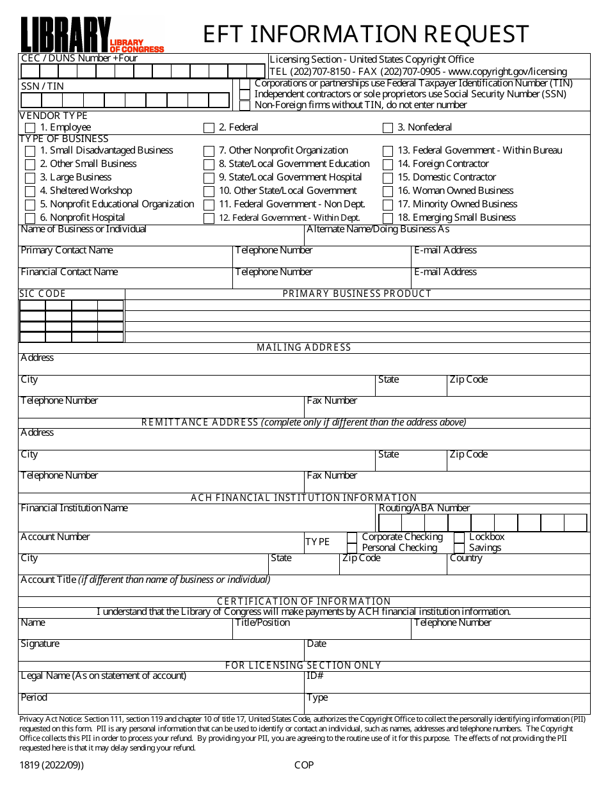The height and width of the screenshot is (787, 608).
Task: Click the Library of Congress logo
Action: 92,35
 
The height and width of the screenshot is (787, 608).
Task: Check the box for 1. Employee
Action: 30,128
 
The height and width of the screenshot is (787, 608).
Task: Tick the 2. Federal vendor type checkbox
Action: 209,128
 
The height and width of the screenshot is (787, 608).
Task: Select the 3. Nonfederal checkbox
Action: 388,128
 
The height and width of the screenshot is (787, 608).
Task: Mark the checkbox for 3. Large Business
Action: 30,178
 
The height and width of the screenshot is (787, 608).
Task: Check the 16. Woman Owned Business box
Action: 388,191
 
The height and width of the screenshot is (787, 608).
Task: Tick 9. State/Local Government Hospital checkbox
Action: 209,178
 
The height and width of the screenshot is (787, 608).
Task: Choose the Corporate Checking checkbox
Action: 352,537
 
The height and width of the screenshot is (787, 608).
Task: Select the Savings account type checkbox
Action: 459,548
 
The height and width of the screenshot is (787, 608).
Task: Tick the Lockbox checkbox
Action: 459,537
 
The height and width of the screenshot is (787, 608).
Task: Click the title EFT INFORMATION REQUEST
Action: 366,33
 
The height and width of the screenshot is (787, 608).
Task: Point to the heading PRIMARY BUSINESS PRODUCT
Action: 357,294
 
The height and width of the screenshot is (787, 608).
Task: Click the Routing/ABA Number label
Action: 424,508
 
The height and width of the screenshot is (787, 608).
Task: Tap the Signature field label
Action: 40,644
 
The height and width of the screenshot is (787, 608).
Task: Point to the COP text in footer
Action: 304,765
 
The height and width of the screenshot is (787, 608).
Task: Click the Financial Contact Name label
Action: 69,272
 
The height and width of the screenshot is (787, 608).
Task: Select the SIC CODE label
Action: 43,294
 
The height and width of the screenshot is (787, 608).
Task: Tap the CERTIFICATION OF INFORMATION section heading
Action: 304,601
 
